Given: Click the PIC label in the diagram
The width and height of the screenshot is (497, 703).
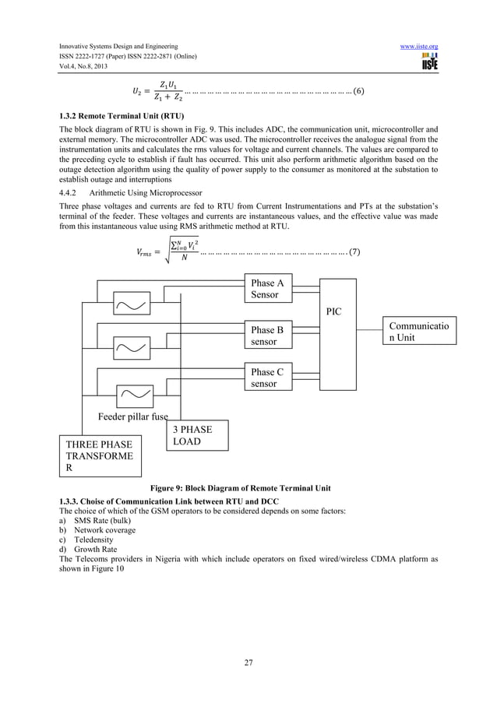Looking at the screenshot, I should click(x=333, y=311).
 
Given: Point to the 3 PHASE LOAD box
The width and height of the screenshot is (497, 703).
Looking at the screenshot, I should click(x=198, y=435).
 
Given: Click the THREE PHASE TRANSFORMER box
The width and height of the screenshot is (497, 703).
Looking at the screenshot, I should click(x=101, y=457).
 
